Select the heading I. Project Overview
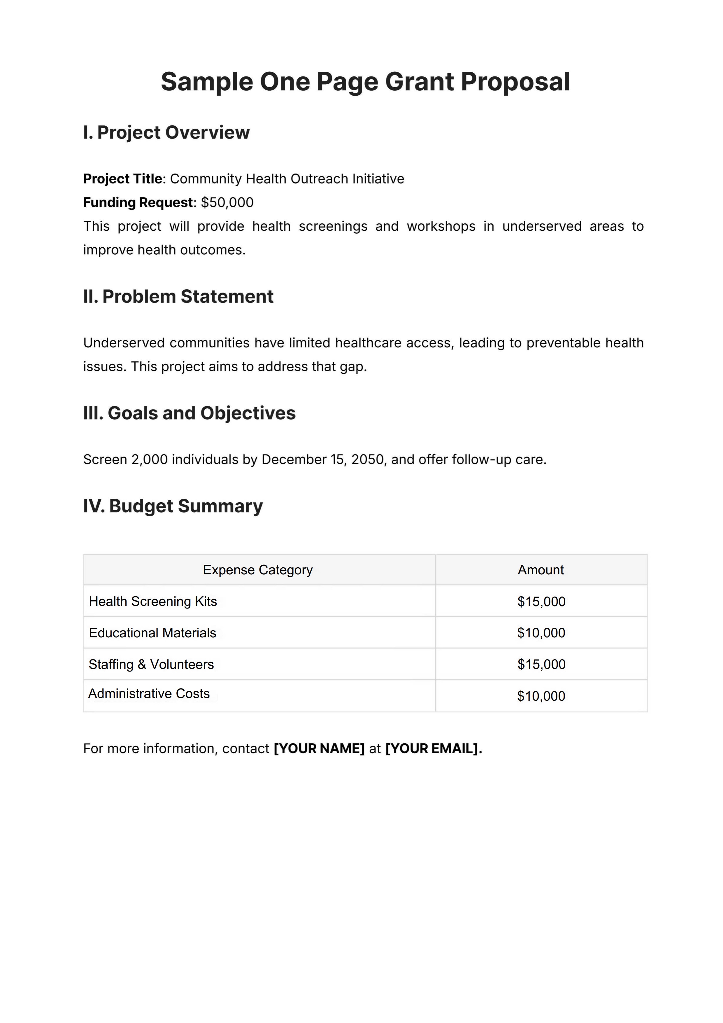pyautogui.click(x=166, y=132)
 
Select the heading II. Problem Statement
pyautogui.click(x=178, y=297)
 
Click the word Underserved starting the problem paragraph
pyautogui.click(x=124, y=343)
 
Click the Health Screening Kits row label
pyautogui.click(x=153, y=601)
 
